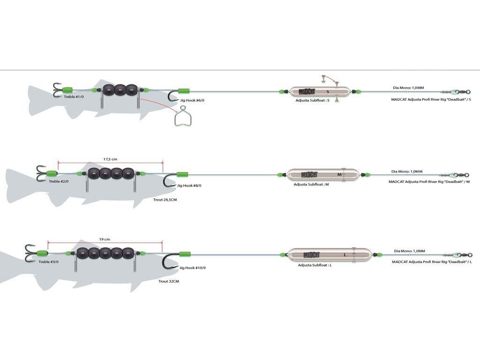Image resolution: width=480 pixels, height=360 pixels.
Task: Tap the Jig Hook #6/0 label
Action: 191,100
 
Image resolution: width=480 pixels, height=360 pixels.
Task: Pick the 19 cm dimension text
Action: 104,239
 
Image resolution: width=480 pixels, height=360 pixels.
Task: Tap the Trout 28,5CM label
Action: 165,200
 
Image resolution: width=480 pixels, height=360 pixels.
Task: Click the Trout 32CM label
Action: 169,281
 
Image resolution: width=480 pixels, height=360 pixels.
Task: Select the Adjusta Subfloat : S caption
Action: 313,100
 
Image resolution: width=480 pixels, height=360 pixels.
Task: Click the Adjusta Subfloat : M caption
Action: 311,184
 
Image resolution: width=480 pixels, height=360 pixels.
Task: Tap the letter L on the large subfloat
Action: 345,255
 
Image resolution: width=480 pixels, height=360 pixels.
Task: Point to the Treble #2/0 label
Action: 59,181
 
